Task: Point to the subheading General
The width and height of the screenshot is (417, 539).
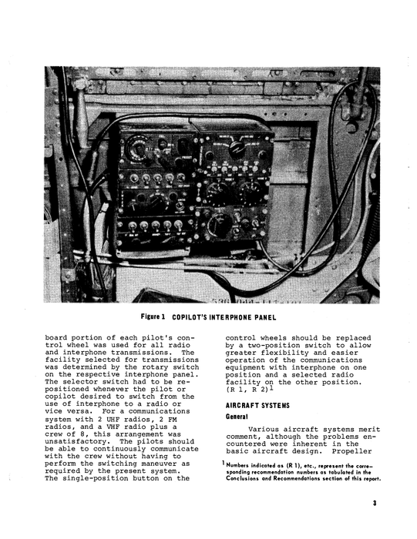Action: coord(237,416)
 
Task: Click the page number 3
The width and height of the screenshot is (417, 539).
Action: coord(372,504)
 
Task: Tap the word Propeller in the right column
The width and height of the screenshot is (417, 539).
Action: coord(358,455)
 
